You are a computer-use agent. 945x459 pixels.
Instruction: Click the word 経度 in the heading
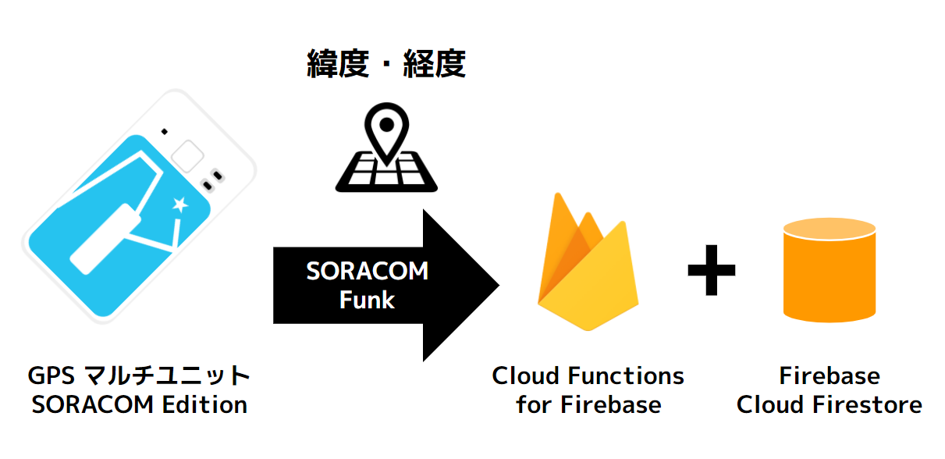click(x=435, y=66)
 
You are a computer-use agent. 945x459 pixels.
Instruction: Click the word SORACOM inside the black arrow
click(x=367, y=271)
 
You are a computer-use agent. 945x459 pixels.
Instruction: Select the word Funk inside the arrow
click(x=367, y=300)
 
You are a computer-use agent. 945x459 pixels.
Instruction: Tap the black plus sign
click(x=711, y=269)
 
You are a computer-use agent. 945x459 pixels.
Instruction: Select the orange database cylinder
click(x=830, y=277)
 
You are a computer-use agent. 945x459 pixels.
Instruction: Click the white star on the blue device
click(x=179, y=205)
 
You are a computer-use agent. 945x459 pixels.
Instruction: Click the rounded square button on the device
click(x=187, y=155)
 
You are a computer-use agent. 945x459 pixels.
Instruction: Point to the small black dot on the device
click(x=164, y=130)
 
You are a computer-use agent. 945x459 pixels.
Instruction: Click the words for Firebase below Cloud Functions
click(x=588, y=405)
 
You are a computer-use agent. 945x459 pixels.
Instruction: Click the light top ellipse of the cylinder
click(x=830, y=231)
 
